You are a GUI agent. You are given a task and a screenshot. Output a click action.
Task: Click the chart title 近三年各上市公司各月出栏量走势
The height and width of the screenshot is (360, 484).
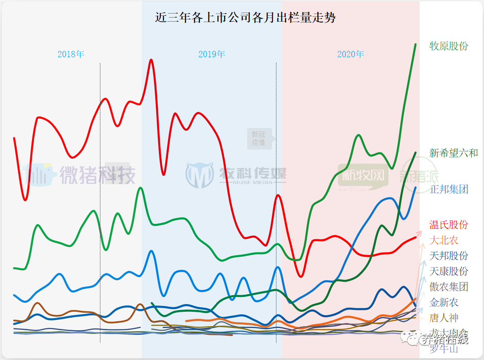[x=245, y=18]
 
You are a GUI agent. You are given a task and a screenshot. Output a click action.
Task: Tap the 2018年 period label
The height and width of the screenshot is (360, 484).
[x=71, y=55]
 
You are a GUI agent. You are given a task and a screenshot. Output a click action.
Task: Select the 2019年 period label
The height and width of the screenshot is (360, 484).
[x=212, y=55]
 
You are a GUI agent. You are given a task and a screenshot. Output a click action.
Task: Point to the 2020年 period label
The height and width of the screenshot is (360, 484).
[x=351, y=55]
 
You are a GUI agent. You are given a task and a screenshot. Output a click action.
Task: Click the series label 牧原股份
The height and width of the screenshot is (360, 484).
[x=449, y=46]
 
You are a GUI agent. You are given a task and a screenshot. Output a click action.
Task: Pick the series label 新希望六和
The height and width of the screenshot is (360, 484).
[x=453, y=153]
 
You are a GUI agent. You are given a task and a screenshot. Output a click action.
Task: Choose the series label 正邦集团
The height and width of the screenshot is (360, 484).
[x=449, y=189]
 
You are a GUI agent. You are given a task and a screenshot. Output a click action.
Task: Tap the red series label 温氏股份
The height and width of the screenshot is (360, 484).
[x=449, y=225]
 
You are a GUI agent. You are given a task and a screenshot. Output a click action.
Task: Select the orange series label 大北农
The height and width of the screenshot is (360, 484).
[x=444, y=240]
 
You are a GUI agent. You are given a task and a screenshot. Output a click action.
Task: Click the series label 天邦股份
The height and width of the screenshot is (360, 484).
[x=449, y=256]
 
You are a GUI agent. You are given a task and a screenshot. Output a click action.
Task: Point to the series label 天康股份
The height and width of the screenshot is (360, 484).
[x=449, y=271]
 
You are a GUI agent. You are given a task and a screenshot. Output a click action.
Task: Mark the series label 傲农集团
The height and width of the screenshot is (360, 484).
[x=449, y=287]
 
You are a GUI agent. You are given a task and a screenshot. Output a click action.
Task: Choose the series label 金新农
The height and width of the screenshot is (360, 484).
[x=444, y=302]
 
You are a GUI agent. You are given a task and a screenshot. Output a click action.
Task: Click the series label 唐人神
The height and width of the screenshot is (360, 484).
[x=444, y=318]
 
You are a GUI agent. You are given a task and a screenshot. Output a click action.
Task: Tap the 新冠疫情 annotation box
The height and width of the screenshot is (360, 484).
[x=258, y=138]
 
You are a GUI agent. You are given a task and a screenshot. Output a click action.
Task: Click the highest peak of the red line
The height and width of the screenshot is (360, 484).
[x=151, y=60]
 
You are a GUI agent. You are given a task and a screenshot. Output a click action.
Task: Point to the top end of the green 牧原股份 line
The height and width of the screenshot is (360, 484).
[x=415, y=44]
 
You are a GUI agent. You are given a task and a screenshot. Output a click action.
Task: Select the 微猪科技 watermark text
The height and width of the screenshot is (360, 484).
[x=97, y=174]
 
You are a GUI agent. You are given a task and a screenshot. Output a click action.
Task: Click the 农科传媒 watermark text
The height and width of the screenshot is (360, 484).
[x=252, y=173]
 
